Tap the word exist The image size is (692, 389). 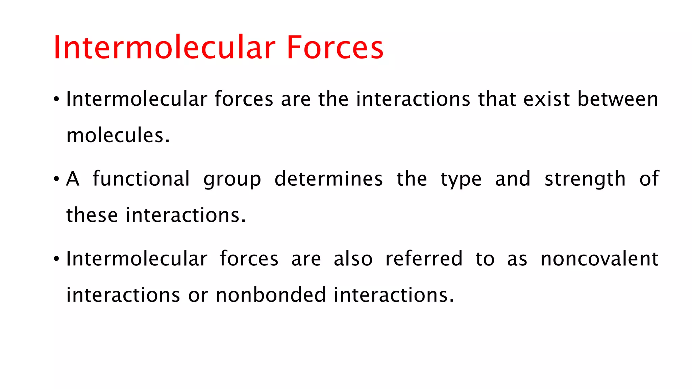point(546,99)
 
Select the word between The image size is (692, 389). point(618,99)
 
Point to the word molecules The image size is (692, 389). point(118,135)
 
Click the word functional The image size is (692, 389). point(141,179)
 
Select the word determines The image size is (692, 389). point(328,179)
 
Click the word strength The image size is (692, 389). point(585,179)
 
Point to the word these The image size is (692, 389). point(92,215)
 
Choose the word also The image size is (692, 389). point(353,259)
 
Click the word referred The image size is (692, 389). point(424,259)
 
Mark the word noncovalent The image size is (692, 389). point(599,259)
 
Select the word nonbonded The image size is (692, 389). point(271,295)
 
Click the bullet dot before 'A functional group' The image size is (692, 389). point(56,179)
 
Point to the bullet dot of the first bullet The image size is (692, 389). point(56,100)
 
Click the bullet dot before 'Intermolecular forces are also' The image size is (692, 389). point(56,259)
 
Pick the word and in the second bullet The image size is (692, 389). point(513,179)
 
